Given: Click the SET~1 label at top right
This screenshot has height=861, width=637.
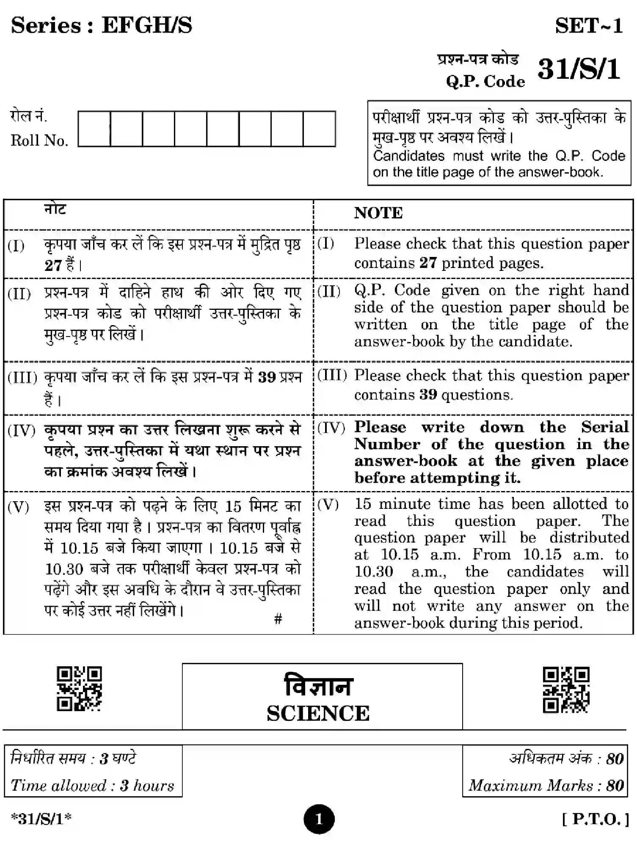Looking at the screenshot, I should coord(589,26).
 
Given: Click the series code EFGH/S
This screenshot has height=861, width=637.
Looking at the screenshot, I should coord(146,25).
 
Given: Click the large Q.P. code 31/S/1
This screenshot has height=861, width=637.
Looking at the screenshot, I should coord(579,69).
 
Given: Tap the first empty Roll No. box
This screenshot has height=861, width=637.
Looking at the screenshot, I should coord(94,129).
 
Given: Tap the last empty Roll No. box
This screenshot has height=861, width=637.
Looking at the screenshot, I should coord(319,129).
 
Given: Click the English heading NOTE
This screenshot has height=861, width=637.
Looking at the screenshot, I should coord(378,213).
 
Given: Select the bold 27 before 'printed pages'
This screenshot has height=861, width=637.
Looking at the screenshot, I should coord(428,263).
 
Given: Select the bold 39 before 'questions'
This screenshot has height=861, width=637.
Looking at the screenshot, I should coord(428,395).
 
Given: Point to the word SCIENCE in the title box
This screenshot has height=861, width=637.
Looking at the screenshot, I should coord(318,713).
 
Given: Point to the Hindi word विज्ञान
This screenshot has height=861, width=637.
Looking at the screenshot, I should coord(318,686).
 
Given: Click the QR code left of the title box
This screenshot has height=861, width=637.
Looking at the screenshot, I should coord(79,689).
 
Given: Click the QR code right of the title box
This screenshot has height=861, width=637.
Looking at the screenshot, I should coord(566,690).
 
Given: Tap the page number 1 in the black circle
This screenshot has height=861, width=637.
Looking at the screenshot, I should coord(319,819).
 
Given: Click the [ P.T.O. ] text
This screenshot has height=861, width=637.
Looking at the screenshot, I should coord(595,819).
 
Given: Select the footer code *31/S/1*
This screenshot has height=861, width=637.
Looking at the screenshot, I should coord(41,819).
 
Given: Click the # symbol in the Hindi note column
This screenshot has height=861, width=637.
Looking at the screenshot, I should coord(278,619).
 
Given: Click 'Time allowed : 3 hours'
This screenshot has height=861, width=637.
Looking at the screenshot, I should coord(92,786).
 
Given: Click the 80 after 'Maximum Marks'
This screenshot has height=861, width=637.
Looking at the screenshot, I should coord(615,786).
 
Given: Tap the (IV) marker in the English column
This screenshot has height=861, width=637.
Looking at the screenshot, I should coord(331,428).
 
